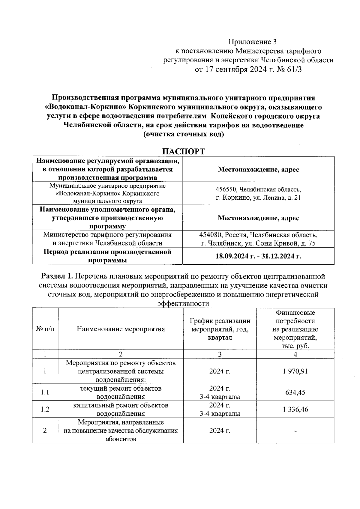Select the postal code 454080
(211, 235)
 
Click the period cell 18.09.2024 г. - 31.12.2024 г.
(258, 256)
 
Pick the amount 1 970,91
(295, 371)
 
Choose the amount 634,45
(295, 392)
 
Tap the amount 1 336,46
(295, 409)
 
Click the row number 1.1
(45, 392)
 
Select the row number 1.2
(45, 409)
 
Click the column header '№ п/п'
(45, 329)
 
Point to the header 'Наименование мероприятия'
(121, 329)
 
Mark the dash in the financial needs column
(295, 431)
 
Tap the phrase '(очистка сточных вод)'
(184, 134)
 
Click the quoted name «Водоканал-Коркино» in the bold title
(87, 107)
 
